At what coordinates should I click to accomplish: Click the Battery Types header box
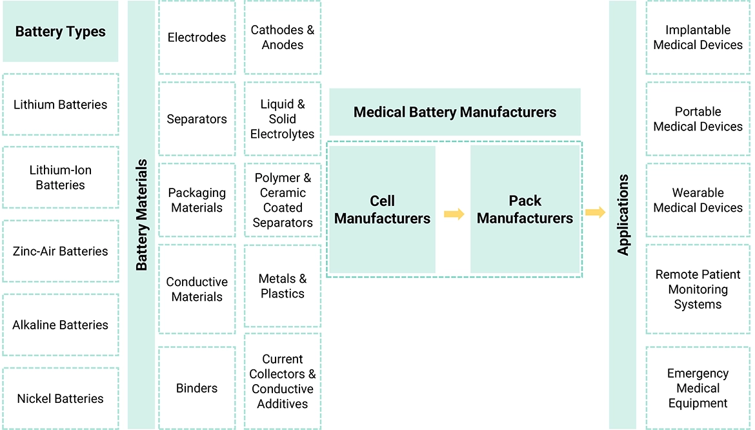60,32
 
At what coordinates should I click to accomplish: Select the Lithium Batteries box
60,105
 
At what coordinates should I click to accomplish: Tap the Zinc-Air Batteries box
60,251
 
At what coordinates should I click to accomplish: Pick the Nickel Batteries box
60,398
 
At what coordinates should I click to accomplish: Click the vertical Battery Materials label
141,215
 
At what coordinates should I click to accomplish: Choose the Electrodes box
197,37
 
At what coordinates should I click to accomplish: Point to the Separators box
197,119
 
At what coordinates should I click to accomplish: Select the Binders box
197,388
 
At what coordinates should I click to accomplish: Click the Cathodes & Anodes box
283,37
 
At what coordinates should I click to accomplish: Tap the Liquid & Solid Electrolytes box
283,119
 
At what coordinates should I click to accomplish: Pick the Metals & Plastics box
283,286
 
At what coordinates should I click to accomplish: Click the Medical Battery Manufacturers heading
455,112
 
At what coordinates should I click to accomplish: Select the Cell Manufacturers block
382,210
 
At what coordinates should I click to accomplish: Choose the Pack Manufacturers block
525,210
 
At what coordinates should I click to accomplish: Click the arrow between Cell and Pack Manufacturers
454,214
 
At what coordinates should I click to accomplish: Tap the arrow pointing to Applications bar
595,212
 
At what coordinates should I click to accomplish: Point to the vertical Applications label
623,215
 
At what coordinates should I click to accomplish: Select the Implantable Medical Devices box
698,37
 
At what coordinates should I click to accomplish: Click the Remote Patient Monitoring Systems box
698,289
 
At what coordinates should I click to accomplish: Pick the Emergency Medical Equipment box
698,388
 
